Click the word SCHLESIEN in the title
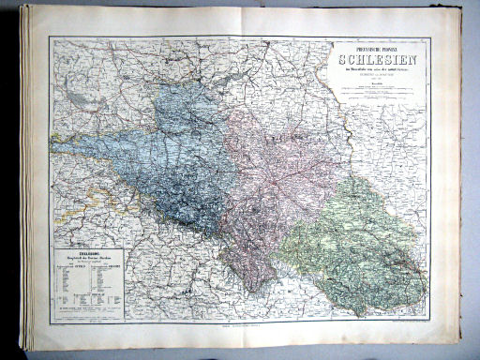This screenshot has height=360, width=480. tap(373, 60)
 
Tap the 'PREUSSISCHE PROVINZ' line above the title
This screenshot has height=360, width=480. tap(373, 47)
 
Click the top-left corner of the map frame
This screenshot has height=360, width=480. tap(50, 37)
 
